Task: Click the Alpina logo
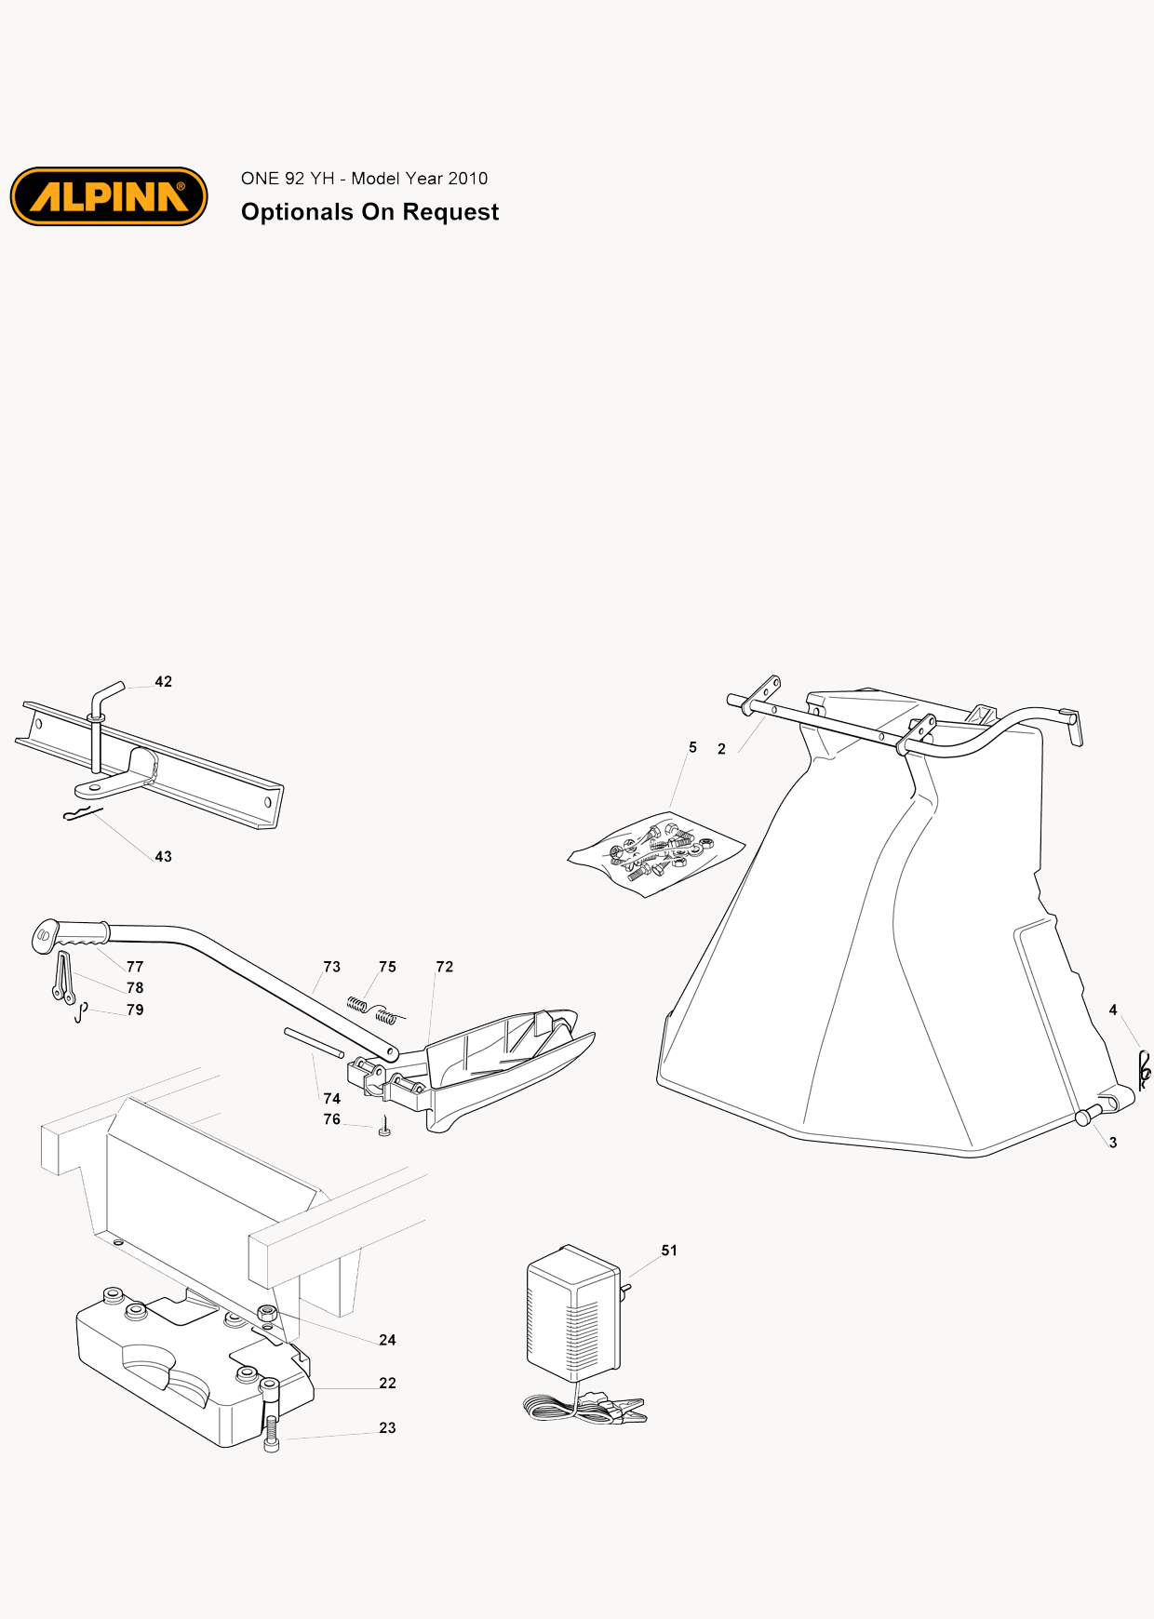tap(109, 196)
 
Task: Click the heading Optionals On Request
tap(369, 212)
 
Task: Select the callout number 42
tap(164, 682)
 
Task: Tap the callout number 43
tap(164, 857)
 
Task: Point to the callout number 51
tap(669, 1251)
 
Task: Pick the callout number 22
tap(388, 1384)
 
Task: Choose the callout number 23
tap(388, 1428)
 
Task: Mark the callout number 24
tap(388, 1340)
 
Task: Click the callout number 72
tap(445, 967)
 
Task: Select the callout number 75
tap(388, 967)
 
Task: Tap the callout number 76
tap(332, 1119)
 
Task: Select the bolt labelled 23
tap(271, 1415)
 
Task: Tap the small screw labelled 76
tap(384, 1128)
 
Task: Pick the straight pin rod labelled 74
tap(315, 1042)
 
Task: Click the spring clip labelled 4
tap(1144, 1071)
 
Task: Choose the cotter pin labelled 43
tap(82, 815)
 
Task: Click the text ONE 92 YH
tap(288, 179)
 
